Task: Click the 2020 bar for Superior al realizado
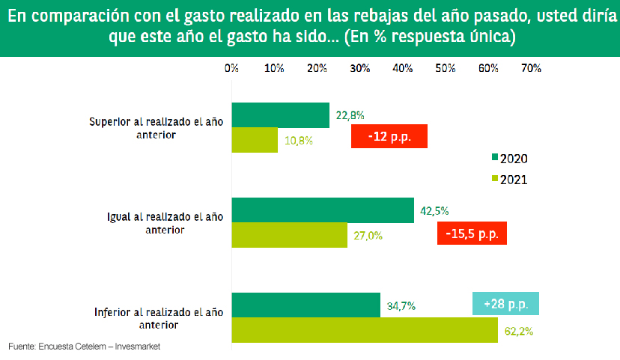tap(281, 115)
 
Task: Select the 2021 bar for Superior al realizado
tap(255, 140)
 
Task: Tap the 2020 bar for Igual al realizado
tap(323, 210)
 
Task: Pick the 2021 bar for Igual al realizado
tap(289, 235)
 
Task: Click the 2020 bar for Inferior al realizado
tap(306, 305)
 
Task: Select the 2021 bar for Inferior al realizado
tap(365, 330)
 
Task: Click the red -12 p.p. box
tap(389, 136)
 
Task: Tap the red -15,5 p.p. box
tap(472, 233)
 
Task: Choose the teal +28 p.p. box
tap(505, 304)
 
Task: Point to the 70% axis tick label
tap(531, 68)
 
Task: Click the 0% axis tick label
tap(231, 68)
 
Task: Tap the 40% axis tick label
tap(403, 68)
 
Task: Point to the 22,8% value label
tap(350, 115)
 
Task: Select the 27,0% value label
tap(368, 235)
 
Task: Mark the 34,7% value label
tap(401, 305)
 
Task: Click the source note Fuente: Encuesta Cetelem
tap(84, 347)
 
